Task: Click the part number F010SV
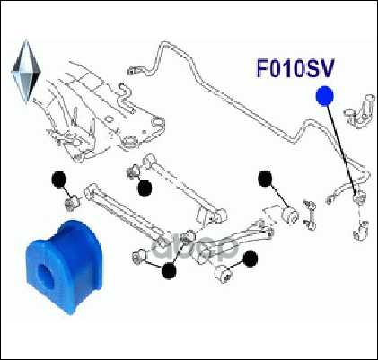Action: point(295,69)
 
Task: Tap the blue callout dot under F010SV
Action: point(325,96)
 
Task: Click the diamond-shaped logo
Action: point(26,71)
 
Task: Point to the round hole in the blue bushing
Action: point(46,273)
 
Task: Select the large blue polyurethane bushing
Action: point(64,268)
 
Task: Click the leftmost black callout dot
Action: point(59,180)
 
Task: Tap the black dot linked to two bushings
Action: point(169,271)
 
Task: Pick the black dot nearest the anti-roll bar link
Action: point(265,179)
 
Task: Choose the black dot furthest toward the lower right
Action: point(251,259)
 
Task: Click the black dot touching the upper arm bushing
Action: point(145,189)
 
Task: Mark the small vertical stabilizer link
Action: point(309,215)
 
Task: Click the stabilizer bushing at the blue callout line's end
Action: point(359,198)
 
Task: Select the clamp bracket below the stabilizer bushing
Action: point(361,231)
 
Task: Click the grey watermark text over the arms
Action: point(195,248)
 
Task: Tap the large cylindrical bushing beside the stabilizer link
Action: point(290,215)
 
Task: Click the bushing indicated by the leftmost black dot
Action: point(71,204)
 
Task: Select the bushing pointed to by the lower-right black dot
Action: point(223,274)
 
